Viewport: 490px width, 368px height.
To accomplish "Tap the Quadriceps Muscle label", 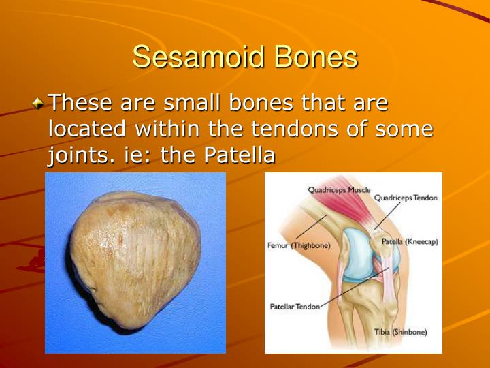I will click(x=339, y=190).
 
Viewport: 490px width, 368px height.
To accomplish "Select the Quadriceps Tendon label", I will click(x=406, y=198).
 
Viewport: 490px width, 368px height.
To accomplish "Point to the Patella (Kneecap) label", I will click(x=409, y=241).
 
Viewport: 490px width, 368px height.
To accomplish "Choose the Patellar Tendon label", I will click(x=295, y=307).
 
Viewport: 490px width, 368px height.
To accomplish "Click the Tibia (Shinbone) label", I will click(x=400, y=332).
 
